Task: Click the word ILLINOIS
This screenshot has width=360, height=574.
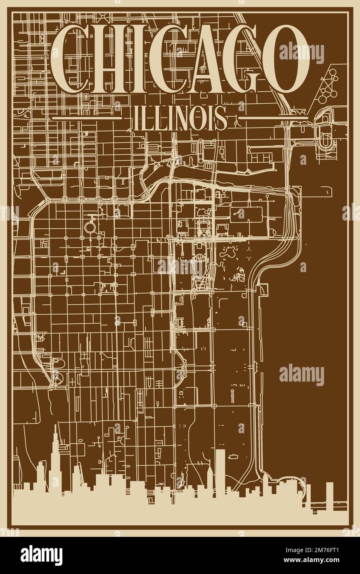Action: pos(180,118)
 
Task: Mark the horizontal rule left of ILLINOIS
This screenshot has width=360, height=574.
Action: pos(87,118)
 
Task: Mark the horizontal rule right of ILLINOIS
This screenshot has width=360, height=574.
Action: pos(273,118)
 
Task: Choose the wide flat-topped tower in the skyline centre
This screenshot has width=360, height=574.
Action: pos(220,467)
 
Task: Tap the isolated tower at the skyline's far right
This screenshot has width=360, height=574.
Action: pos(329,491)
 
